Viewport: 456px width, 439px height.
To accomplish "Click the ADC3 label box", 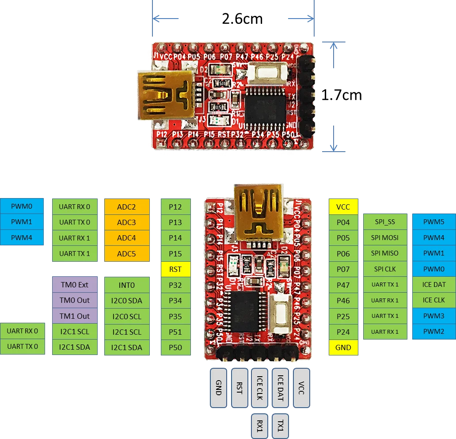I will [126, 222].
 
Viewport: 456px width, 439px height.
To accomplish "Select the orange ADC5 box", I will [126, 254].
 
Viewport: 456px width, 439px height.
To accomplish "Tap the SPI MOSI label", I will [384, 238].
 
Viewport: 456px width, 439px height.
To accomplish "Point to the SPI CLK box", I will [384, 269].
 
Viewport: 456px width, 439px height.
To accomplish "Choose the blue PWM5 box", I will [433, 222].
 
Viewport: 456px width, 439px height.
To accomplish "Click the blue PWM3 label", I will [433, 316].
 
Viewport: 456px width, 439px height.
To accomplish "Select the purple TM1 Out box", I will [74, 316].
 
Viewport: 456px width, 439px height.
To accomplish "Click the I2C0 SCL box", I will [126, 316].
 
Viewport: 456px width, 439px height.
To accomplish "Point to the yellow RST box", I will [175, 269].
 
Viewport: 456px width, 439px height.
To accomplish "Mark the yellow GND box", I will [343, 347].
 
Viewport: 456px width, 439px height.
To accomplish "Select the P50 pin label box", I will [175, 347].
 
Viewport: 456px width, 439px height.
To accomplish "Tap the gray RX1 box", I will [259, 426].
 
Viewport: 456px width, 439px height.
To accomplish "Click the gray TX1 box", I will [281, 426].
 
